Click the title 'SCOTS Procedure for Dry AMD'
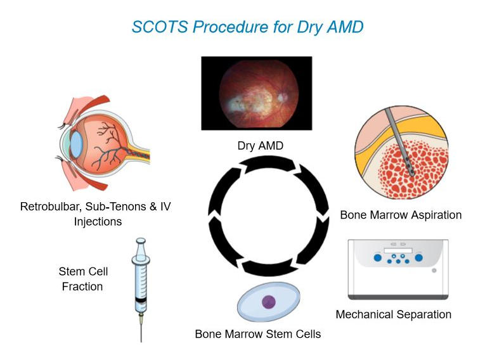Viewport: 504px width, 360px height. click(x=247, y=27)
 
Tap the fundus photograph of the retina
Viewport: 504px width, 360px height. click(x=256, y=93)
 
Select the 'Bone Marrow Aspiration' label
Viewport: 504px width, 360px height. click(x=401, y=215)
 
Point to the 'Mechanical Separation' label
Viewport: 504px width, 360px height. click(x=393, y=314)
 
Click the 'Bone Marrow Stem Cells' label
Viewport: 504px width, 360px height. click(x=257, y=333)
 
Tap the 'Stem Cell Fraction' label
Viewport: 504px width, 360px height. click(x=82, y=279)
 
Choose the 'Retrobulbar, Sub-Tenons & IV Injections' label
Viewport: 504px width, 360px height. click(x=95, y=214)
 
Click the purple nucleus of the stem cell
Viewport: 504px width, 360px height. click(x=269, y=302)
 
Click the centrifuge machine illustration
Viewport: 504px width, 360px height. click(x=397, y=268)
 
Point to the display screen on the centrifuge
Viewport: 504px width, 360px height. click(x=402, y=251)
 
